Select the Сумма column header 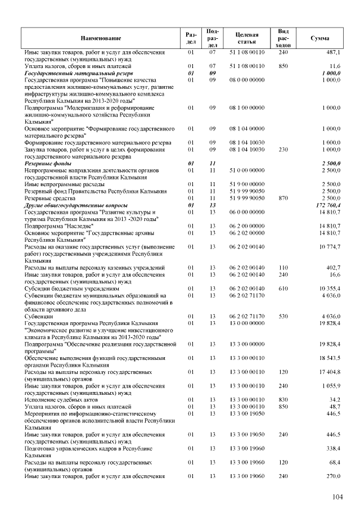[320, 38]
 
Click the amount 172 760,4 [327, 205]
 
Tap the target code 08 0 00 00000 [247, 80]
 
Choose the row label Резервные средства [48, 199]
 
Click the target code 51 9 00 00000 [247, 184]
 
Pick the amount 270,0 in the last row [332, 476]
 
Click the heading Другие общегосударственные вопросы [76, 205]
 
